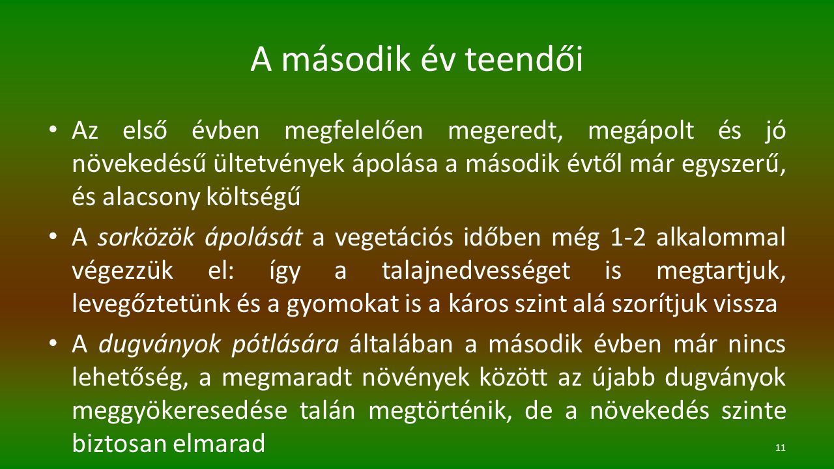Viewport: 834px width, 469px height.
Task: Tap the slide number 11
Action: point(781,448)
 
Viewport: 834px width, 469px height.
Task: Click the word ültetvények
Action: point(279,164)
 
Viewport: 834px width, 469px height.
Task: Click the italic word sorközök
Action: point(146,238)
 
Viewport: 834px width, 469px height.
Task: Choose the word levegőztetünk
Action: point(150,304)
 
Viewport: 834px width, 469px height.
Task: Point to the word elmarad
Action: point(219,444)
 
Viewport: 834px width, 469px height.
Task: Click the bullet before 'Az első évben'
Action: point(53,130)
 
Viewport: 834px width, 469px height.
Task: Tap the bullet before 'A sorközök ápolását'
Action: point(53,236)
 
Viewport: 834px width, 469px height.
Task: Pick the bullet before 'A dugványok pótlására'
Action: point(53,343)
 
